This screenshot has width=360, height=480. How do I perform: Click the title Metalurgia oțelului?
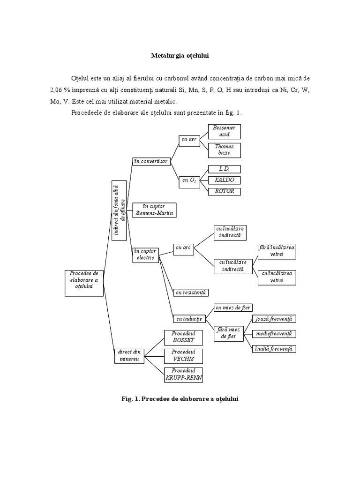180,55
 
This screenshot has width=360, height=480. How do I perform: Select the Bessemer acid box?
224,131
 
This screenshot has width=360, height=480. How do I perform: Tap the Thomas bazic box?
224,150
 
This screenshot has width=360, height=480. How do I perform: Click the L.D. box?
224,169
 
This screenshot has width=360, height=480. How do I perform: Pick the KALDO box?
224,180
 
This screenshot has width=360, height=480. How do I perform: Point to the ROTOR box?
224,191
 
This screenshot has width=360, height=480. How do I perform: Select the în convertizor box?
150,161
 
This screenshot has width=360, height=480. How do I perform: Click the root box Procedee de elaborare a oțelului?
84,283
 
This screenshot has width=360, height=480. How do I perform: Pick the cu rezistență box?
190,293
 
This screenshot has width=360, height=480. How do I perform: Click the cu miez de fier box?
233,308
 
